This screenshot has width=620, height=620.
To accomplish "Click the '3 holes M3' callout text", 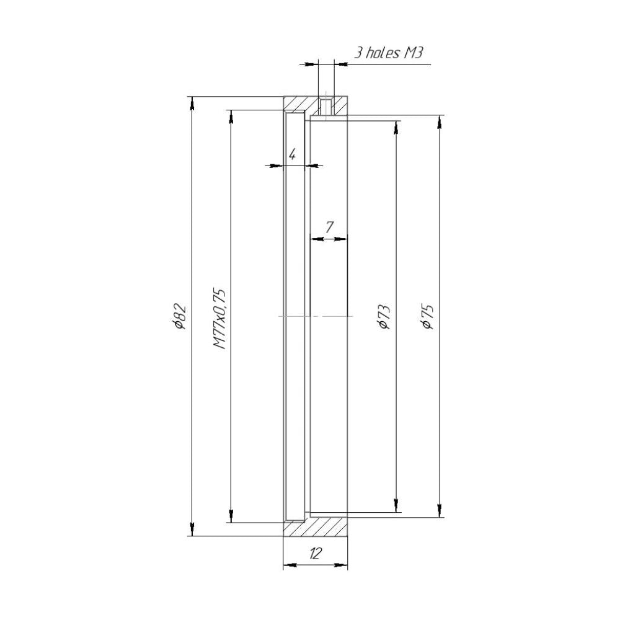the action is click(388, 52).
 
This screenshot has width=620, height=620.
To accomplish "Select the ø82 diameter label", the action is click(179, 316).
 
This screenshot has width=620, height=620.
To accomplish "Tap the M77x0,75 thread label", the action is click(219, 318).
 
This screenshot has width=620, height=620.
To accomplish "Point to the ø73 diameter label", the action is click(384, 316).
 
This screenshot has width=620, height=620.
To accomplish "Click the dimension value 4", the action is click(292, 154).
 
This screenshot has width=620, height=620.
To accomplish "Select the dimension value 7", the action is click(329, 228).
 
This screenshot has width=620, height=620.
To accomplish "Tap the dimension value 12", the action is click(315, 554).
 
